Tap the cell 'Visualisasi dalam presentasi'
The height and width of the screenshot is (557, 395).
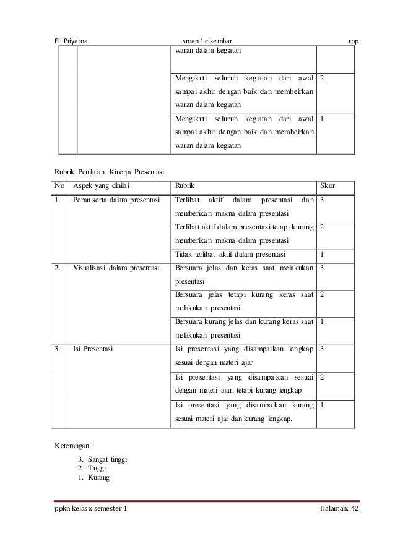[x=116, y=268]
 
